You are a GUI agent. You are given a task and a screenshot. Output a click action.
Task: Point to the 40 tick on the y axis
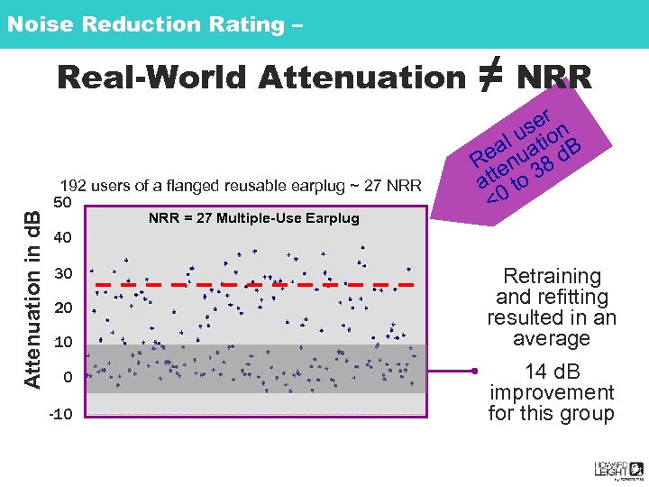(x=63, y=238)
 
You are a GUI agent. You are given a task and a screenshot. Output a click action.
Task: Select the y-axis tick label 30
(x=63, y=273)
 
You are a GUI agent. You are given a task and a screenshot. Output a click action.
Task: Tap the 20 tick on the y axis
(x=63, y=308)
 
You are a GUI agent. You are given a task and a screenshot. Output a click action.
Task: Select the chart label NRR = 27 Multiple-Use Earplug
(x=253, y=218)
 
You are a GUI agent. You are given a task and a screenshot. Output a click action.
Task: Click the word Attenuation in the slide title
(x=360, y=78)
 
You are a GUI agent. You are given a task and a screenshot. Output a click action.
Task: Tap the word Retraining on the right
(x=552, y=276)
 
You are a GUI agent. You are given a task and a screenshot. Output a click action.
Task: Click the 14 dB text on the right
(x=551, y=371)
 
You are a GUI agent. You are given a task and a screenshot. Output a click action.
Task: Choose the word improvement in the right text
(x=551, y=392)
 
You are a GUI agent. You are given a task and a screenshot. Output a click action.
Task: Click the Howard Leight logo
(x=617, y=468)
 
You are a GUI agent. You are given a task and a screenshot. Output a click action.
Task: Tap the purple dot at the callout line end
(x=473, y=371)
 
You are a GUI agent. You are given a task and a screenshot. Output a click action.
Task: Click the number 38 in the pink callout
(x=543, y=167)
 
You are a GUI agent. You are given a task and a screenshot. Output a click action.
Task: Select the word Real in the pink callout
(x=490, y=148)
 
